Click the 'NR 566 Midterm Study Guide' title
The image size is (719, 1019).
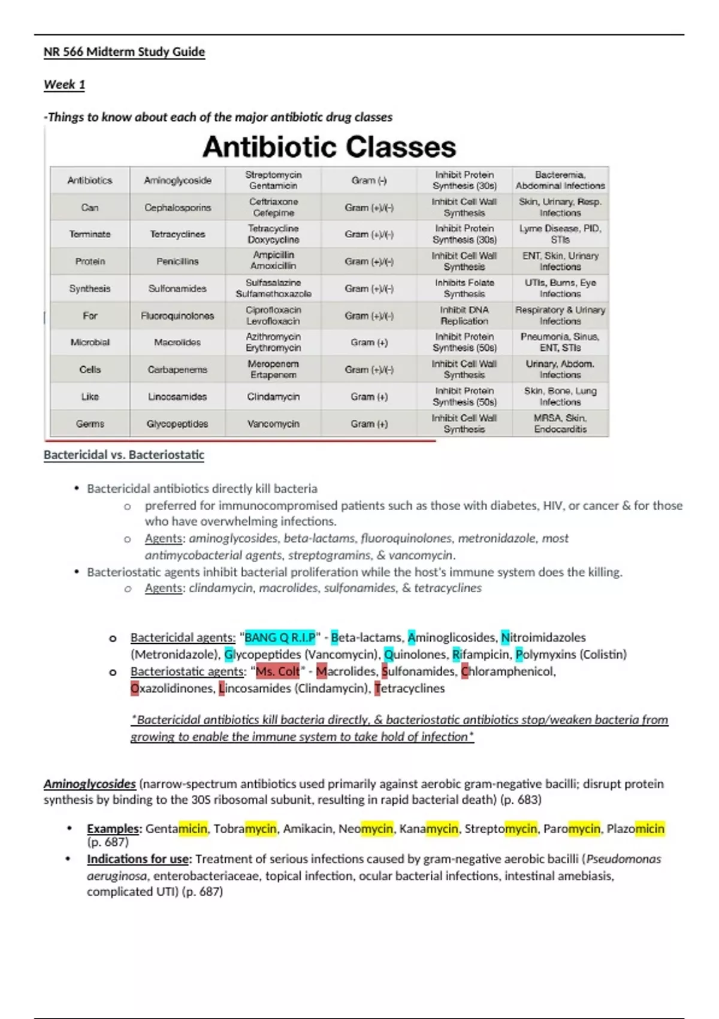pyautogui.click(x=124, y=52)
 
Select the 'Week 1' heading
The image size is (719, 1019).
pyautogui.click(x=64, y=85)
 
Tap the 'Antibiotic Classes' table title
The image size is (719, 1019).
pyautogui.click(x=329, y=147)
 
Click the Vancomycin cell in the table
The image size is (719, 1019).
pyautogui.click(x=273, y=424)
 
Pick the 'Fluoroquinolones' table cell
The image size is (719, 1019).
pyautogui.click(x=177, y=315)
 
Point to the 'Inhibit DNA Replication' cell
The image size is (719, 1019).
pyautogui.click(x=464, y=315)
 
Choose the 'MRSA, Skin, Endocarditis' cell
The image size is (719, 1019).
pyautogui.click(x=560, y=424)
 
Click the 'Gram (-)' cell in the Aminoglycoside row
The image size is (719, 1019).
pyautogui.click(x=369, y=180)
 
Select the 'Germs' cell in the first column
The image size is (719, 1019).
pyautogui.click(x=90, y=424)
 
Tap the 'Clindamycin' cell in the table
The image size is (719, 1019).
pyautogui.click(x=273, y=397)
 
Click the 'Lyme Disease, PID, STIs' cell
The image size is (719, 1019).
pyautogui.click(x=560, y=234)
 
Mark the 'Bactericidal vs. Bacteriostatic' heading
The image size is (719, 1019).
pyautogui.click(x=124, y=455)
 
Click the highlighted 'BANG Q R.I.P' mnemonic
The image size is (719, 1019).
pyautogui.click(x=280, y=638)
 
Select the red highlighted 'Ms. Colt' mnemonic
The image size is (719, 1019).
pyautogui.click(x=277, y=671)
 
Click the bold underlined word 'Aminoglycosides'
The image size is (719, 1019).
pyautogui.click(x=90, y=784)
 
